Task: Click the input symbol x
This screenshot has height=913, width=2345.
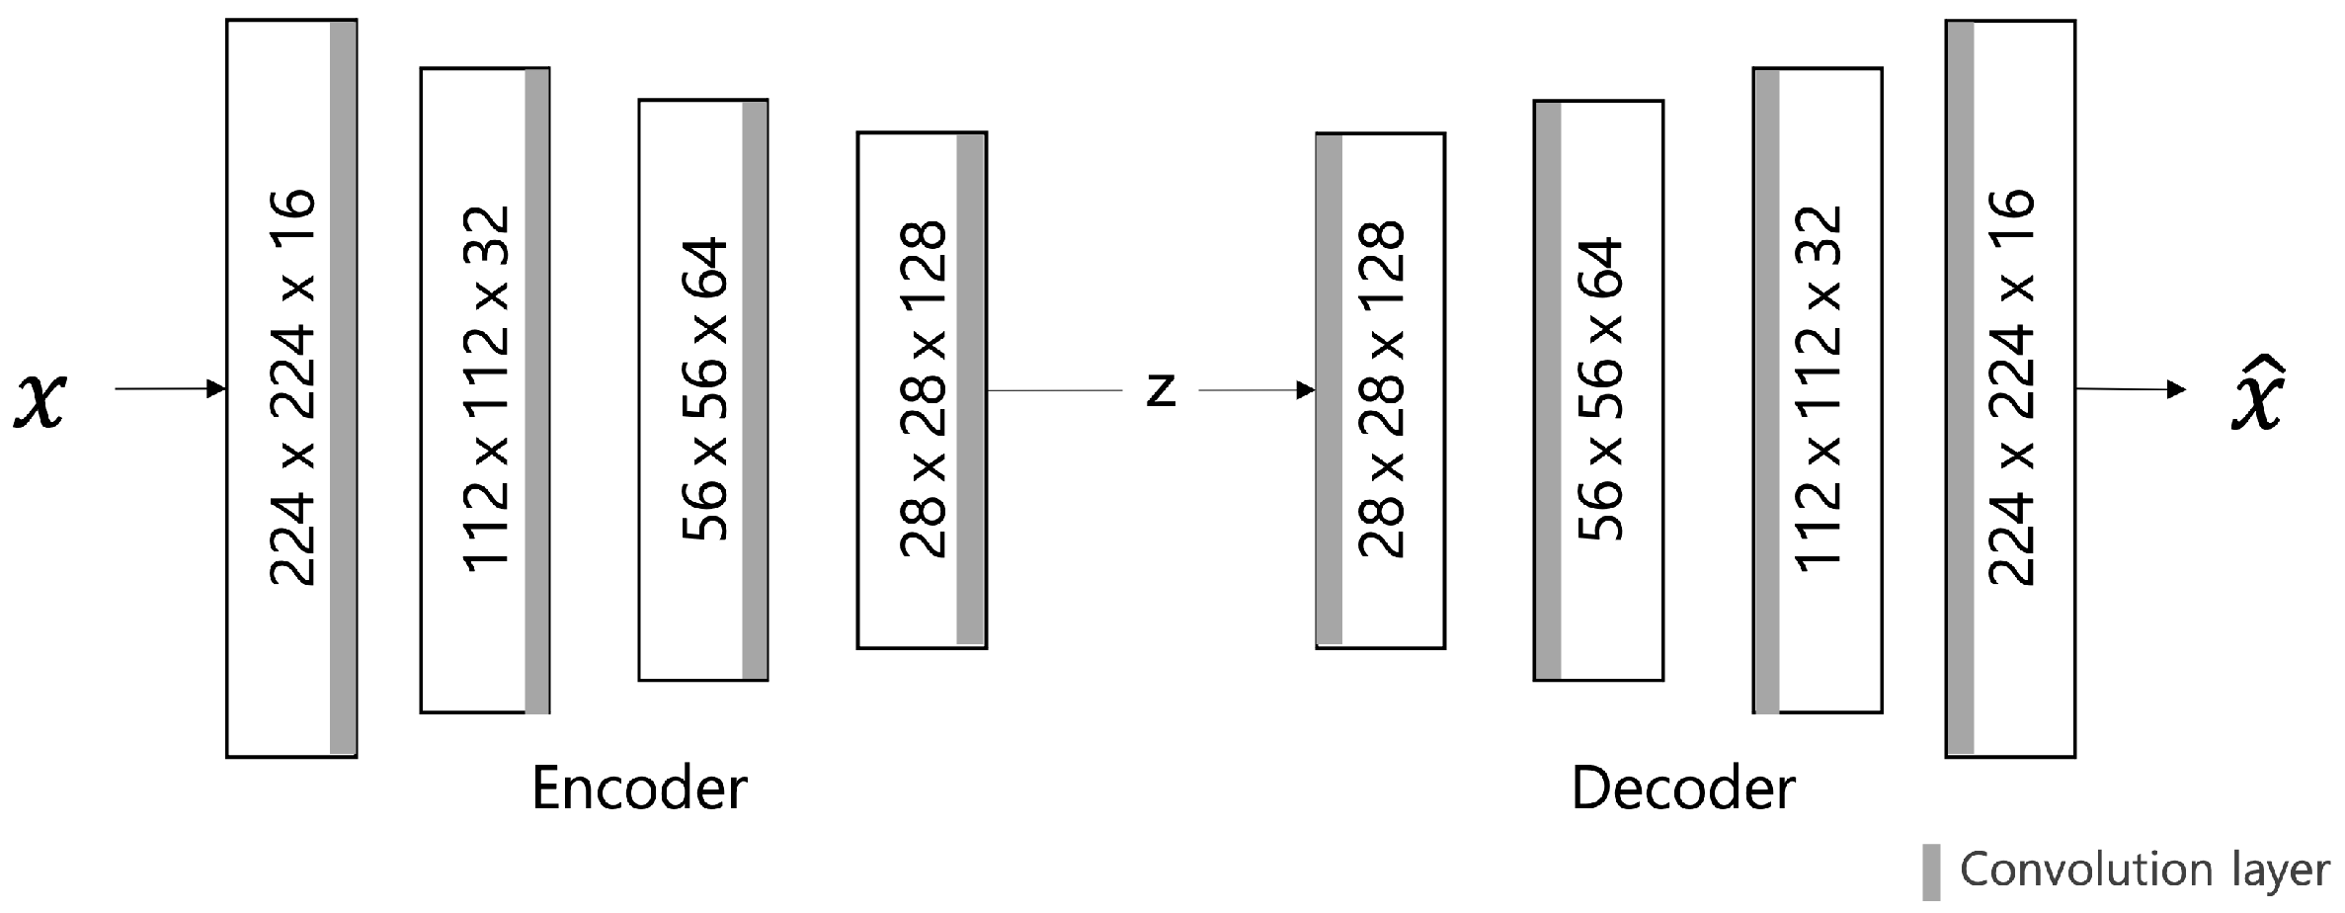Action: [x=40, y=399]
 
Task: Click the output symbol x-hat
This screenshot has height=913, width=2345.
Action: [x=2258, y=395]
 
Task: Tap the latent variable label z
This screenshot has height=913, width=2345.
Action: [x=1161, y=391]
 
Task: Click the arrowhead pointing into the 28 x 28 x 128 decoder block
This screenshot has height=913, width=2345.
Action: [x=1306, y=390]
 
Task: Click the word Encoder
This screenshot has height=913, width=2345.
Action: [x=639, y=788]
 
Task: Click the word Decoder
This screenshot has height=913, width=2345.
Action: [x=1682, y=788]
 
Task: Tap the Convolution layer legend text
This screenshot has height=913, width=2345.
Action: [x=2143, y=871]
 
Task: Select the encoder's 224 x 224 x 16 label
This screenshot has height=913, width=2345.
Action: [x=292, y=388]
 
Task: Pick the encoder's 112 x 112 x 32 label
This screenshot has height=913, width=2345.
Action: [x=486, y=388]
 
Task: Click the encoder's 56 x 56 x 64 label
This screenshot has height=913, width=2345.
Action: [x=704, y=388]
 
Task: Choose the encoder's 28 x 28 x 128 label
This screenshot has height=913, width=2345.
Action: [x=923, y=388]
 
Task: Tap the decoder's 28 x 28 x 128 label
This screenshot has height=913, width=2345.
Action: [x=1381, y=388]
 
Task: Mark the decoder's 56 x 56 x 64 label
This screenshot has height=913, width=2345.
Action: [x=1599, y=388]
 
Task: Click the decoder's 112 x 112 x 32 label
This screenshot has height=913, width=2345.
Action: [x=1819, y=388]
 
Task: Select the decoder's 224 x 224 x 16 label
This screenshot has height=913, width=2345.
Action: [x=2010, y=388]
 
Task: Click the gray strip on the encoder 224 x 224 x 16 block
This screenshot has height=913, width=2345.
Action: [x=343, y=388]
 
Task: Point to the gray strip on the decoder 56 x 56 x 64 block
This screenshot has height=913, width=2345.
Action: [x=1548, y=388]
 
